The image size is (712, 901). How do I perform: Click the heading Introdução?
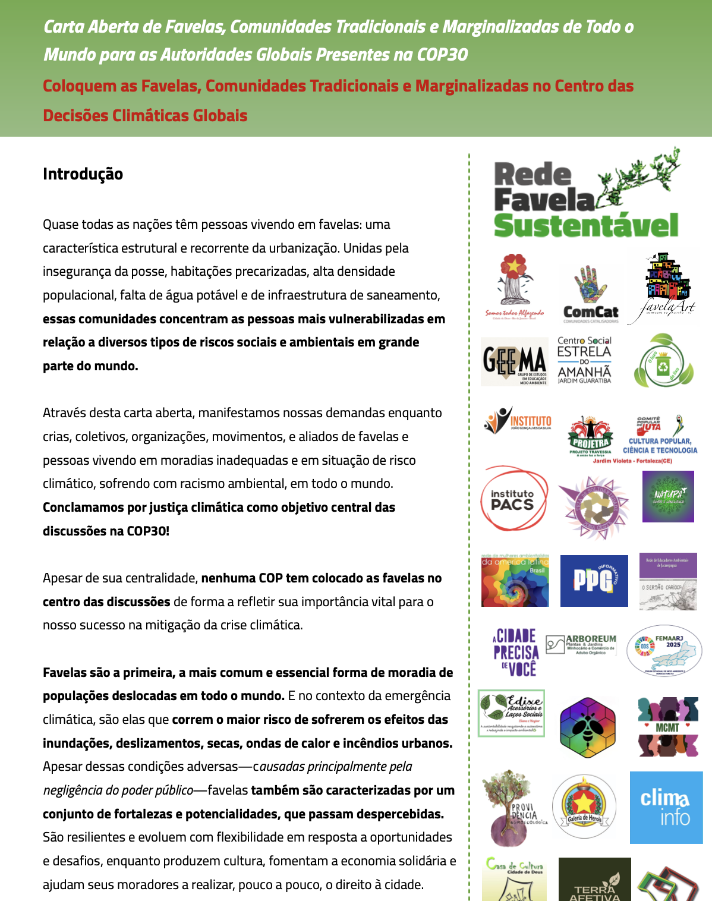83,174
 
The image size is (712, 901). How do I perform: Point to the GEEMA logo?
515,361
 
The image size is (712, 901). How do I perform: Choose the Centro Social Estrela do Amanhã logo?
584,360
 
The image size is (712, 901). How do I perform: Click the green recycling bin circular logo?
664,361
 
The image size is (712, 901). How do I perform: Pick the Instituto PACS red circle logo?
514,499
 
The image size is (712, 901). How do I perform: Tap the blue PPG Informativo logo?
594,581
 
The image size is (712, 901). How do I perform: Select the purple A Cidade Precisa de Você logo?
515,652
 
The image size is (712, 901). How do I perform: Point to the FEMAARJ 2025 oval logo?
664,651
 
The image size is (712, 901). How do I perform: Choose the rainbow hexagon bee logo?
588,727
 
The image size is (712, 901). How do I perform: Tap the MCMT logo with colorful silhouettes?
667,727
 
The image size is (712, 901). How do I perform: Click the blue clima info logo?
666,808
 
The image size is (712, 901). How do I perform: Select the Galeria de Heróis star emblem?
584,807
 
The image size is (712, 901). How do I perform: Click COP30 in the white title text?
442,55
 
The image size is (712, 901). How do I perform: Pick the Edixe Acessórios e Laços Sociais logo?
512,713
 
